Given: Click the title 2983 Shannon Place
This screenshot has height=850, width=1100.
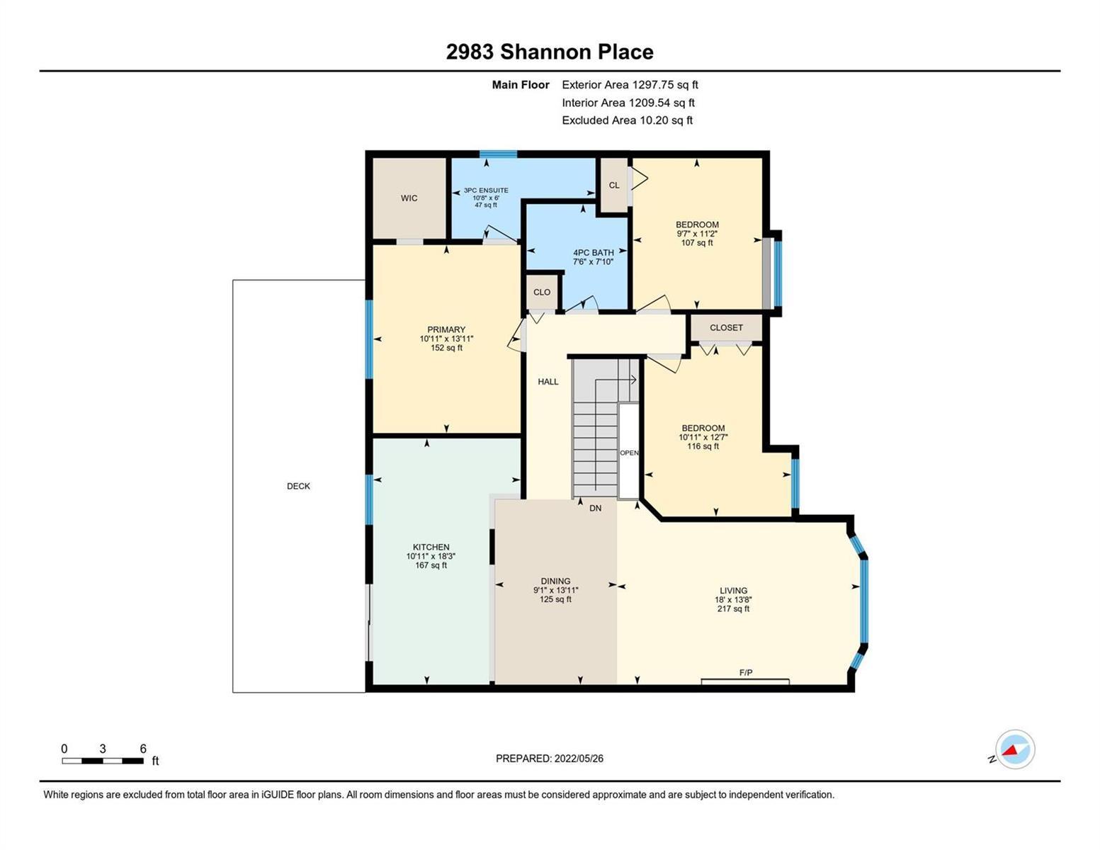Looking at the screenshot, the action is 549,52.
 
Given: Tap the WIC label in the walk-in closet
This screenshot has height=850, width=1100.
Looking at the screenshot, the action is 409,198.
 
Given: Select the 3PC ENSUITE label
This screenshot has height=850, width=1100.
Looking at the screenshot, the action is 486,191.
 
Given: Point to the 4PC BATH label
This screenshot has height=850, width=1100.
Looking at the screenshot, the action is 594,253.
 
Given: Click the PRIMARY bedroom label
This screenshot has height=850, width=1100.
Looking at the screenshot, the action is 446,329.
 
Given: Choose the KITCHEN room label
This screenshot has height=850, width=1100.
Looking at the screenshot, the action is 431,548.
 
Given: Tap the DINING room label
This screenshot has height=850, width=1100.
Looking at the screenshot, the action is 555,581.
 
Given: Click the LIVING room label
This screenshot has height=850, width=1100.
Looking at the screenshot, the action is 734,590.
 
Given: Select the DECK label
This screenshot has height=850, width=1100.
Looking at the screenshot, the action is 299,486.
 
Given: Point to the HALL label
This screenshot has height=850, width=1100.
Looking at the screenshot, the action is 548,382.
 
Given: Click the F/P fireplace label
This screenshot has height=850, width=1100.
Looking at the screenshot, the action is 746,672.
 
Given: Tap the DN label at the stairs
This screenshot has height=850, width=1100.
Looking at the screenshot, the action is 595,508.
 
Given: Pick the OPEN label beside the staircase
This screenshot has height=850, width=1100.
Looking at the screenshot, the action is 629,453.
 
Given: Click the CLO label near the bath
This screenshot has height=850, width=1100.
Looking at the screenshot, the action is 542,292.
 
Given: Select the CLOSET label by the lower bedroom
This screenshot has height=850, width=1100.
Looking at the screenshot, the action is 726,327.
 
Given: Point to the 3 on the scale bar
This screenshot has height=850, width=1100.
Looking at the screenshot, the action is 103,749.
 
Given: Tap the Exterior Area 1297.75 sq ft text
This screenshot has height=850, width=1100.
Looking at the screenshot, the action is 630,84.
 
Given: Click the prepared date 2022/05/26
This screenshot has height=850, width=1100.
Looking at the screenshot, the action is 579,759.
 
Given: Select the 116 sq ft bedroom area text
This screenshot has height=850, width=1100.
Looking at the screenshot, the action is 703,446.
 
